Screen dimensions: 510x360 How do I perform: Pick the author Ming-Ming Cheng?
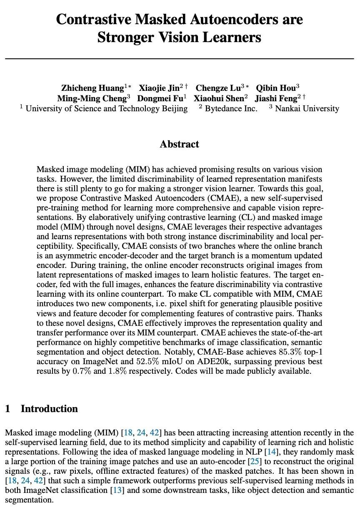(92, 99)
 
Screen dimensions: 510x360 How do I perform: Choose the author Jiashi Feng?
(276, 99)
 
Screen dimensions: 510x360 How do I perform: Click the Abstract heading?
(180, 144)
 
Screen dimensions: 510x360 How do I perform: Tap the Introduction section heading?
(49, 409)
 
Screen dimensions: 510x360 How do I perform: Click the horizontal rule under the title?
(180, 59)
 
